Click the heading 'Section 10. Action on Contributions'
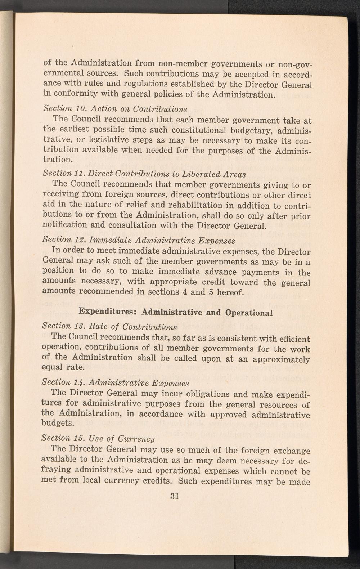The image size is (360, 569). point(115,108)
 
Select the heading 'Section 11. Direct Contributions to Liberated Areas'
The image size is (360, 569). point(144,174)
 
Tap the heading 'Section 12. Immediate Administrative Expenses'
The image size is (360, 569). point(139,240)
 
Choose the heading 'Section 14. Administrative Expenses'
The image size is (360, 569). point(115,382)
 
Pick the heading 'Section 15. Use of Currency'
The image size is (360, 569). point(98,439)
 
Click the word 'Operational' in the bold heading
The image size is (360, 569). point(249,313)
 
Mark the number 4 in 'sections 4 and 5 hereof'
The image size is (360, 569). point(184,292)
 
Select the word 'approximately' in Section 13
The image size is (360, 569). point(281,359)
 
